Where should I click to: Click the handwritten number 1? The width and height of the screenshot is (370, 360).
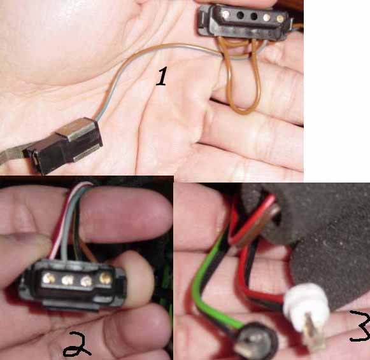(162, 76)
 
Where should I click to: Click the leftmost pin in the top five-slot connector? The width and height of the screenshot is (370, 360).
(225, 15)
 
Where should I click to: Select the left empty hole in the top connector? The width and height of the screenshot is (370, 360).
(240, 16)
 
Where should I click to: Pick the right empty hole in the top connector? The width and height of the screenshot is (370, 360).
(254, 17)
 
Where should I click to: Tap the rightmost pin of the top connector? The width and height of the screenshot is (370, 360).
(280, 18)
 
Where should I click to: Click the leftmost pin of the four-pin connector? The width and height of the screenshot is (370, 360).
(49, 279)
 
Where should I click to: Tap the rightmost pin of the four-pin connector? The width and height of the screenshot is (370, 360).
(106, 278)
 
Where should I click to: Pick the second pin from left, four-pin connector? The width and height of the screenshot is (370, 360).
(68, 280)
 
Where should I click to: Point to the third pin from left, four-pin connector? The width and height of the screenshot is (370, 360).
(86, 281)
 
